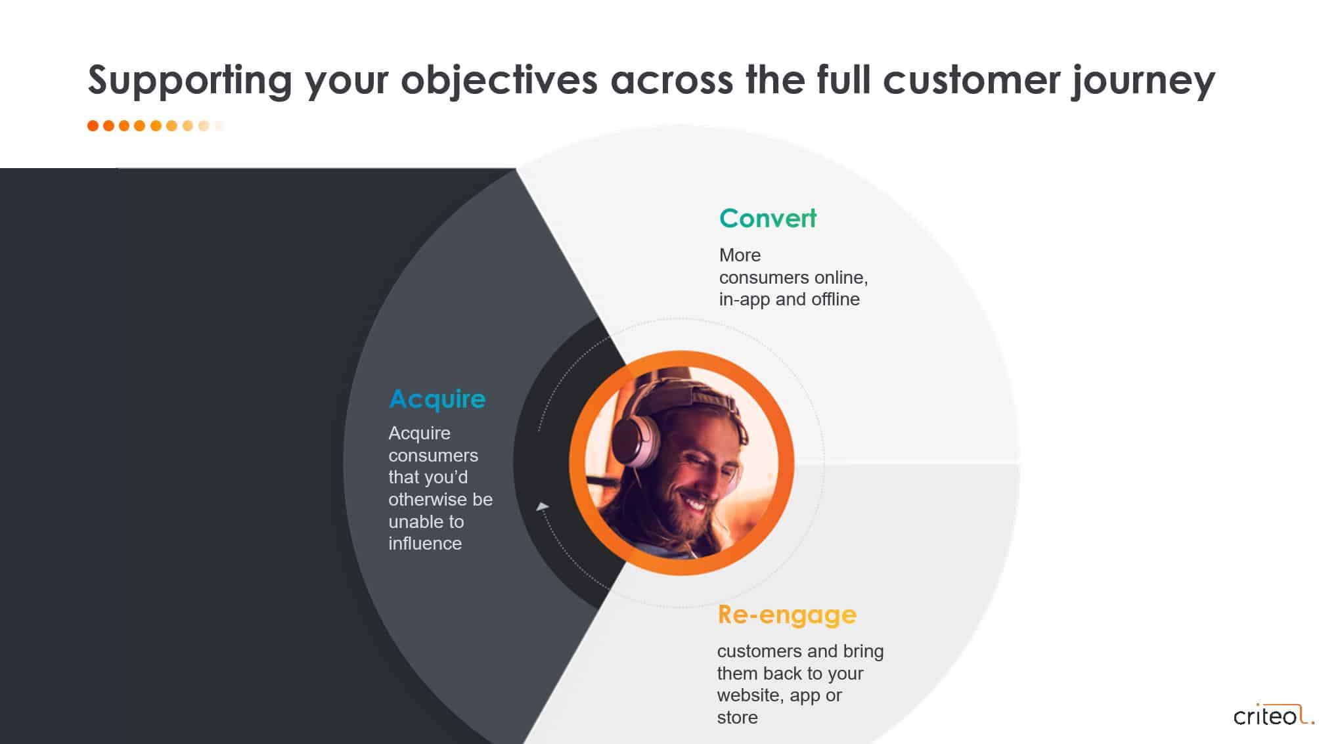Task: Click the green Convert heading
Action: (x=768, y=219)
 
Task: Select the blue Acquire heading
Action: (x=437, y=399)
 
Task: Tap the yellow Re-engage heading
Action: (x=787, y=615)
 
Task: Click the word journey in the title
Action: (x=1143, y=81)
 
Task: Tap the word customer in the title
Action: (x=972, y=80)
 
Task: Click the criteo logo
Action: (x=1274, y=714)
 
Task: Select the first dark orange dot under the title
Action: (x=93, y=125)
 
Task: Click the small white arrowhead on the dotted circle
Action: (x=543, y=506)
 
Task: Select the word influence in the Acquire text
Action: (x=425, y=544)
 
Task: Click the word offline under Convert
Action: (x=835, y=299)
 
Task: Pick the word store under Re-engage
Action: (x=737, y=718)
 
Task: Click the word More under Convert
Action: (x=740, y=255)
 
